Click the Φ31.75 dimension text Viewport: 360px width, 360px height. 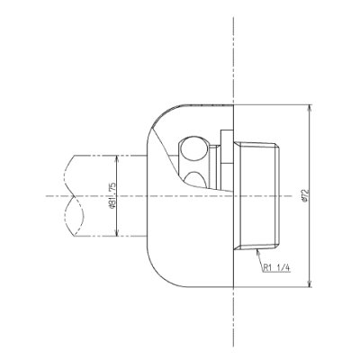click(112, 195)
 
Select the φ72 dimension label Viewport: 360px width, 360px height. click(306, 195)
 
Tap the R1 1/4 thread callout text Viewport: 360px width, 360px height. click(276, 268)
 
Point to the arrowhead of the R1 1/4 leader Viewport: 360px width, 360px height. click(257, 252)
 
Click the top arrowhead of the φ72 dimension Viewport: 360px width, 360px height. click(310, 108)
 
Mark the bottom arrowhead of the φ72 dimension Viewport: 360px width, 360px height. click(310, 283)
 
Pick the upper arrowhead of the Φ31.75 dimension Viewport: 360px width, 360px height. click(117, 158)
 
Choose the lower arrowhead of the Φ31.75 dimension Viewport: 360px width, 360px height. click(117, 233)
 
